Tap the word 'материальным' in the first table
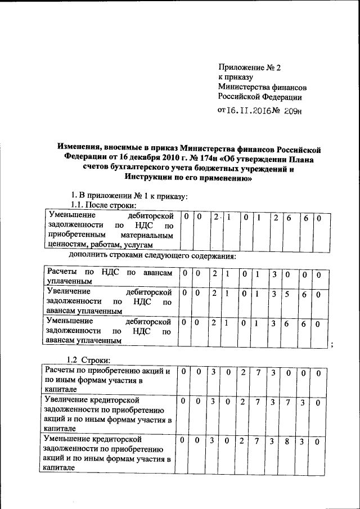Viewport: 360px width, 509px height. pos(144,235)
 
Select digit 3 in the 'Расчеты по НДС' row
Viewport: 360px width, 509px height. pos(273,274)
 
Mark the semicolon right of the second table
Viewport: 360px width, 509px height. pos(333,345)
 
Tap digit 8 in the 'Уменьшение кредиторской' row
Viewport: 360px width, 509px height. pos(287,442)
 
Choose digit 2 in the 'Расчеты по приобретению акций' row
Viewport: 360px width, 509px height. pos(243,373)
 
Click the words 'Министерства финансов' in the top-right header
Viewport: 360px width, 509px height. pos(262,87)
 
